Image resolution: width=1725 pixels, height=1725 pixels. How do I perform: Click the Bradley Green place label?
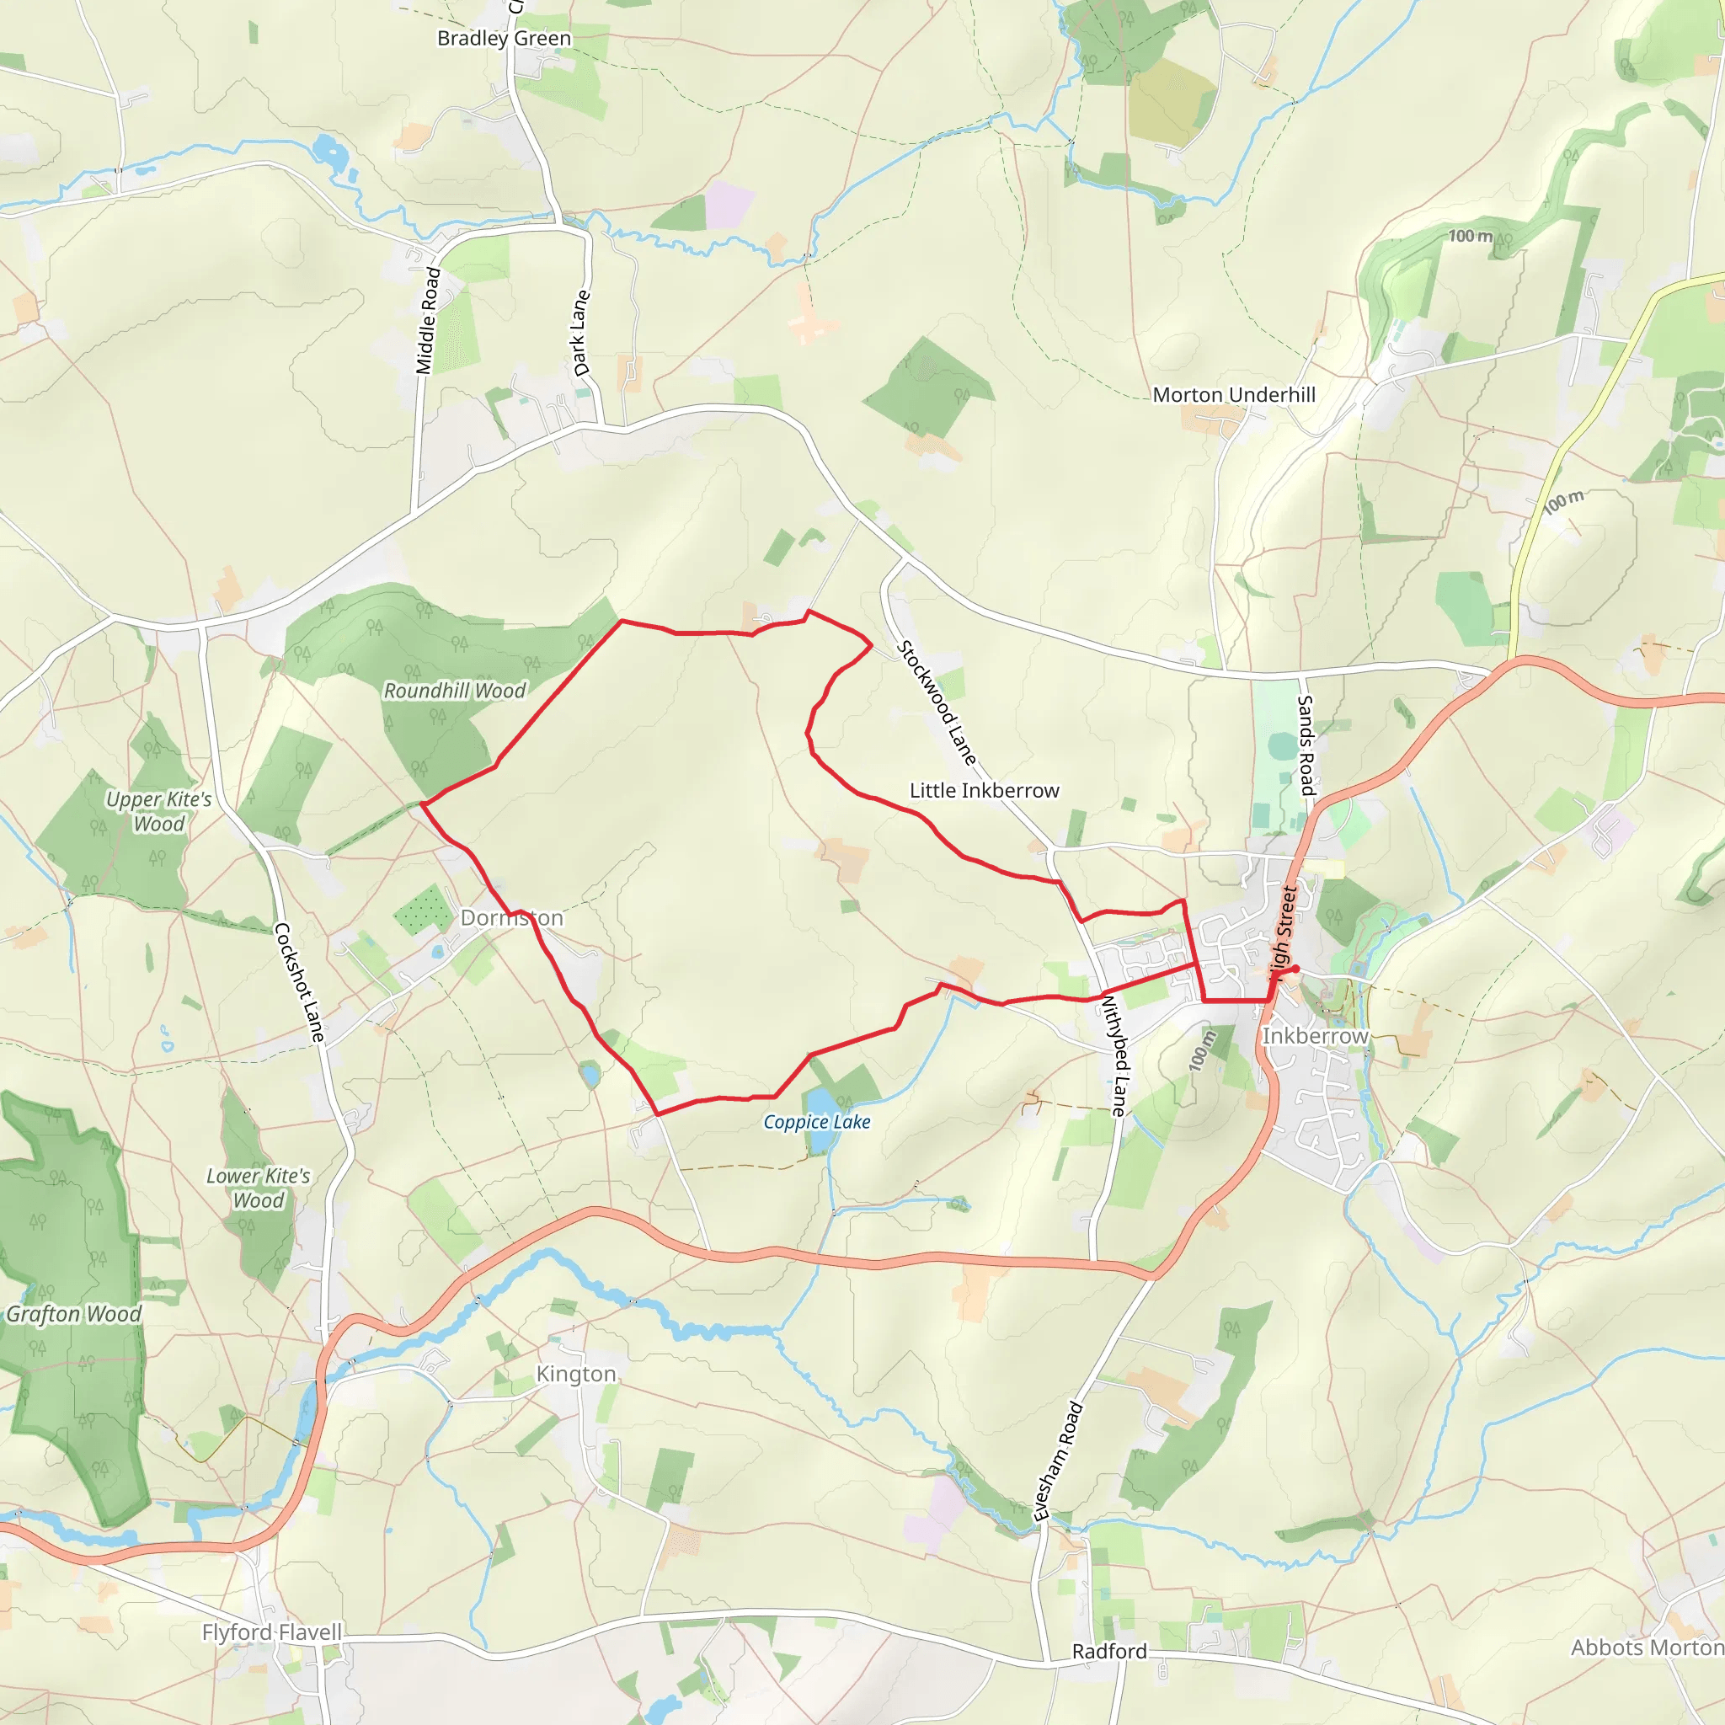click(x=504, y=39)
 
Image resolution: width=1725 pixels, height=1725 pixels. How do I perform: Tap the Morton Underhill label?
click(x=1234, y=395)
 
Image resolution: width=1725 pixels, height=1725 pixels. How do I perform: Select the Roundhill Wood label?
click(x=455, y=691)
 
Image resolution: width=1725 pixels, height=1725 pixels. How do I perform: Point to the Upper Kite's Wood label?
click(x=159, y=812)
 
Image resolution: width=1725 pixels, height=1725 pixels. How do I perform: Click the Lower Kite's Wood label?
click(x=258, y=1188)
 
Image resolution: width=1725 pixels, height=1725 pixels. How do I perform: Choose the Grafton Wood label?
click(x=74, y=1314)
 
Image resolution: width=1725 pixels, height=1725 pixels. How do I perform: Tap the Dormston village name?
click(x=511, y=918)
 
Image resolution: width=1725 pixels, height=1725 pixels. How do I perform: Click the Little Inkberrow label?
click(x=984, y=790)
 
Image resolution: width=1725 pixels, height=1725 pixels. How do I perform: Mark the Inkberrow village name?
click(x=1314, y=1036)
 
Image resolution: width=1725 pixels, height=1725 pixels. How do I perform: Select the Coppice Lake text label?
click(x=816, y=1122)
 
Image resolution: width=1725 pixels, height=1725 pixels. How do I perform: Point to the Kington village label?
click(x=576, y=1374)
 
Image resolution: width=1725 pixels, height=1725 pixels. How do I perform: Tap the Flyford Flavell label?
click(x=271, y=1632)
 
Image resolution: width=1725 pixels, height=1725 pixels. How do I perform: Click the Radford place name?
click(x=1109, y=1651)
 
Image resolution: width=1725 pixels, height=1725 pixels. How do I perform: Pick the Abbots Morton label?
click(x=1647, y=1648)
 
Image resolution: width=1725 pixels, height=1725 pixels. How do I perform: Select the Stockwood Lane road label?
click(x=937, y=702)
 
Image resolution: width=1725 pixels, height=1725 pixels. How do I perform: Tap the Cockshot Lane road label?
click(x=299, y=982)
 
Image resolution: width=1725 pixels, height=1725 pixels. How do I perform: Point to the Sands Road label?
click(x=1306, y=745)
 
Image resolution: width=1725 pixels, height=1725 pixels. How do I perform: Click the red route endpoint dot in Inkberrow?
click(x=1295, y=969)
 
